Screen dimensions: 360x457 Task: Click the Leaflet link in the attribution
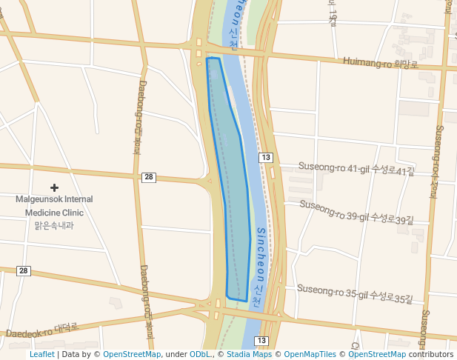(x=42, y=354)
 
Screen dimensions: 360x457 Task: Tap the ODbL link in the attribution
(x=200, y=354)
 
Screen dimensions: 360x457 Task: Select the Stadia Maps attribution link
(x=249, y=354)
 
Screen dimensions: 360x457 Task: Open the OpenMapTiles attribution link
(x=310, y=354)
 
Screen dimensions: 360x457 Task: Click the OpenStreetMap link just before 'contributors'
(x=376, y=354)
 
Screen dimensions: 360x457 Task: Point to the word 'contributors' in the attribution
(x=430, y=354)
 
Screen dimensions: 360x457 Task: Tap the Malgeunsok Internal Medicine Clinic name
(x=54, y=206)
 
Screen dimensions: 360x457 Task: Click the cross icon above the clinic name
(x=54, y=188)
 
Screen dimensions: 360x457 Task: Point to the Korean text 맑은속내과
(x=54, y=225)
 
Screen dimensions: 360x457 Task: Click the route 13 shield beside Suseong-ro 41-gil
(x=266, y=157)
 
